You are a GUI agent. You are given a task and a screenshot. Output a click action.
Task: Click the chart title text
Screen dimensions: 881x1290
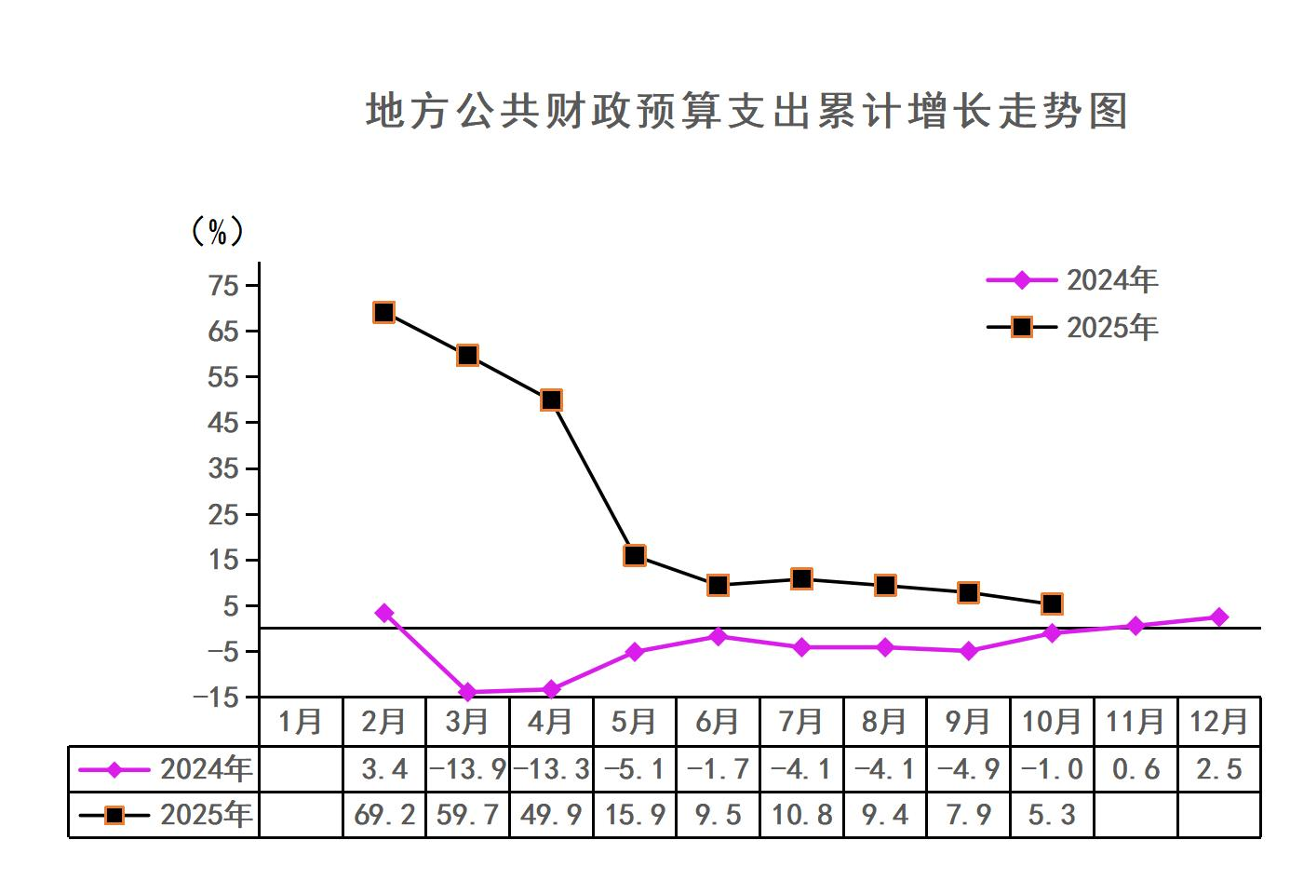point(746,112)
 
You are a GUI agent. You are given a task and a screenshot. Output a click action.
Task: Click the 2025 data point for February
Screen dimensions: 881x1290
point(383,312)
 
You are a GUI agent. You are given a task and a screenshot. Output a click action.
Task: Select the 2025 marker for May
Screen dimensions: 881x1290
point(635,555)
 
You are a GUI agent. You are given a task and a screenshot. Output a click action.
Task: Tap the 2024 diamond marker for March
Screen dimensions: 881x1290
point(467,692)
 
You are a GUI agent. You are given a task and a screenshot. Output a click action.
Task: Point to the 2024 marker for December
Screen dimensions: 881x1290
point(1218,617)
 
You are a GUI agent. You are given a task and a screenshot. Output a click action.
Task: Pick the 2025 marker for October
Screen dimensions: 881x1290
point(1052,603)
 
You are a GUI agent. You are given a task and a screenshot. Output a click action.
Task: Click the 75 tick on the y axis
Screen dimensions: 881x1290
point(224,285)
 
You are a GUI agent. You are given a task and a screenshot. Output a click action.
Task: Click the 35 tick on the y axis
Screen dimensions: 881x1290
point(224,468)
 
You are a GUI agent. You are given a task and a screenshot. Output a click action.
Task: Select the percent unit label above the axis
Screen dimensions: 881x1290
point(217,231)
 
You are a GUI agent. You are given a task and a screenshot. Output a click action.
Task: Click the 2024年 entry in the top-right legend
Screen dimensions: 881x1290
point(1111,279)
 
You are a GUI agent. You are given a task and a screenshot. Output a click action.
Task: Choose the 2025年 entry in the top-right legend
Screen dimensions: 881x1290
point(1111,327)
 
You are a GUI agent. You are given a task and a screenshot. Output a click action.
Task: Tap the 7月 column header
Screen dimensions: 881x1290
point(800,722)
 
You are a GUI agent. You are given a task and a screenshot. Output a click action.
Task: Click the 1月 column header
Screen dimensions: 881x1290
point(301,722)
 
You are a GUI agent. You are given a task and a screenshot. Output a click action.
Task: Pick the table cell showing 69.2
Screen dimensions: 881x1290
point(384,815)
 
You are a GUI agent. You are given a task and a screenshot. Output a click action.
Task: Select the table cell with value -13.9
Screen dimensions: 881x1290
point(467,769)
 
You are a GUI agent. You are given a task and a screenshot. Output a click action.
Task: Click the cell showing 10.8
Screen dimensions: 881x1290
point(801,815)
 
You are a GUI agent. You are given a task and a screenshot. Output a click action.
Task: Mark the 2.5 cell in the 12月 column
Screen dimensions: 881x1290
point(1218,769)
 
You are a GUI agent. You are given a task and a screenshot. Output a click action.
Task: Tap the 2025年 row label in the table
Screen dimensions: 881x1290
point(206,815)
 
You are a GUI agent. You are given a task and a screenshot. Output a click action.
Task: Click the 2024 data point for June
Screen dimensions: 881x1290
point(718,637)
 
